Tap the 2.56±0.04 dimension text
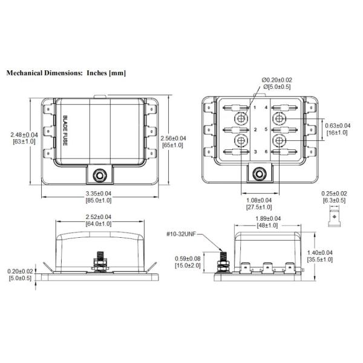click(x=173, y=139)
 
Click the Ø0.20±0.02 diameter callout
click(x=276, y=80)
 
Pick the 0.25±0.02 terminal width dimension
click(x=334, y=192)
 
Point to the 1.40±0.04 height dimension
click(x=338, y=252)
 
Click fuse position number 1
click(x=256, y=107)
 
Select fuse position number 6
click(x=266, y=151)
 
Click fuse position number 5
click(x=266, y=129)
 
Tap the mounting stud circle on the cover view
click(x=98, y=175)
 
